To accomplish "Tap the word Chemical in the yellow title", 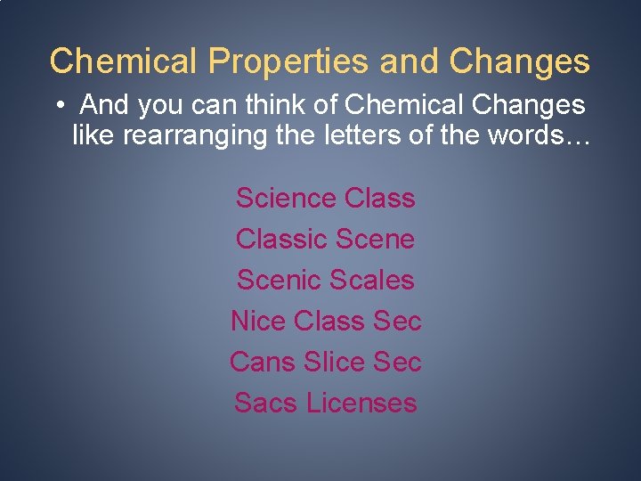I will [x=124, y=61].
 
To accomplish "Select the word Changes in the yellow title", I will [x=519, y=61].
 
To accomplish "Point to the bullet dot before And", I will [x=58, y=106].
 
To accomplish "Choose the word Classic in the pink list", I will [x=281, y=239].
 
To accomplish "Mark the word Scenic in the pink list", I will [x=279, y=280].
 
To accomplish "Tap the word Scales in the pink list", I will [x=372, y=280].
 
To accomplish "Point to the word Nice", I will [x=257, y=321].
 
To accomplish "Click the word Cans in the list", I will [x=262, y=362].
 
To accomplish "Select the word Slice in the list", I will [x=334, y=362].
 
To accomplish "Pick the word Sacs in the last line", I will [x=266, y=403].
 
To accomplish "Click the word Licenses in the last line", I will [x=361, y=403].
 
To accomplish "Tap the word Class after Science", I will [x=379, y=198].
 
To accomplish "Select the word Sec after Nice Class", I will [x=397, y=321].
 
